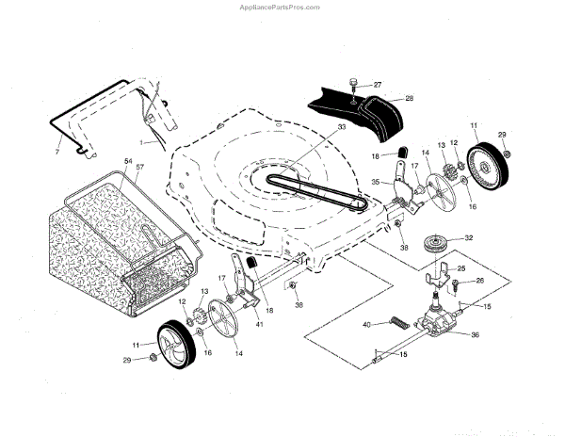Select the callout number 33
click(x=315, y=126)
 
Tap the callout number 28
click(x=410, y=98)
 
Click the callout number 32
click(x=469, y=239)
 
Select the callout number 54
click(x=128, y=163)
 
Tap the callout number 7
click(x=57, y=151)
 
